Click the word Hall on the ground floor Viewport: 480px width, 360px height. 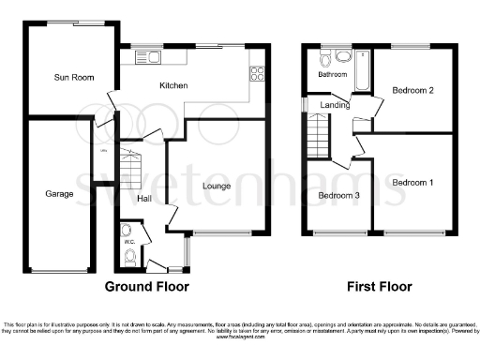(144, 198)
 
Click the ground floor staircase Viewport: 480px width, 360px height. (131, 172)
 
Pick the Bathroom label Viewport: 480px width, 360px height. (332, 74)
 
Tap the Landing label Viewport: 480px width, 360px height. (336, 105)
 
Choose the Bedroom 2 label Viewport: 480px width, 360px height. (411, 90)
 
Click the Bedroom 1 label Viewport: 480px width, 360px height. (412, 181)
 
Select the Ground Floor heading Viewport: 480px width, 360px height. (146, 286)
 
